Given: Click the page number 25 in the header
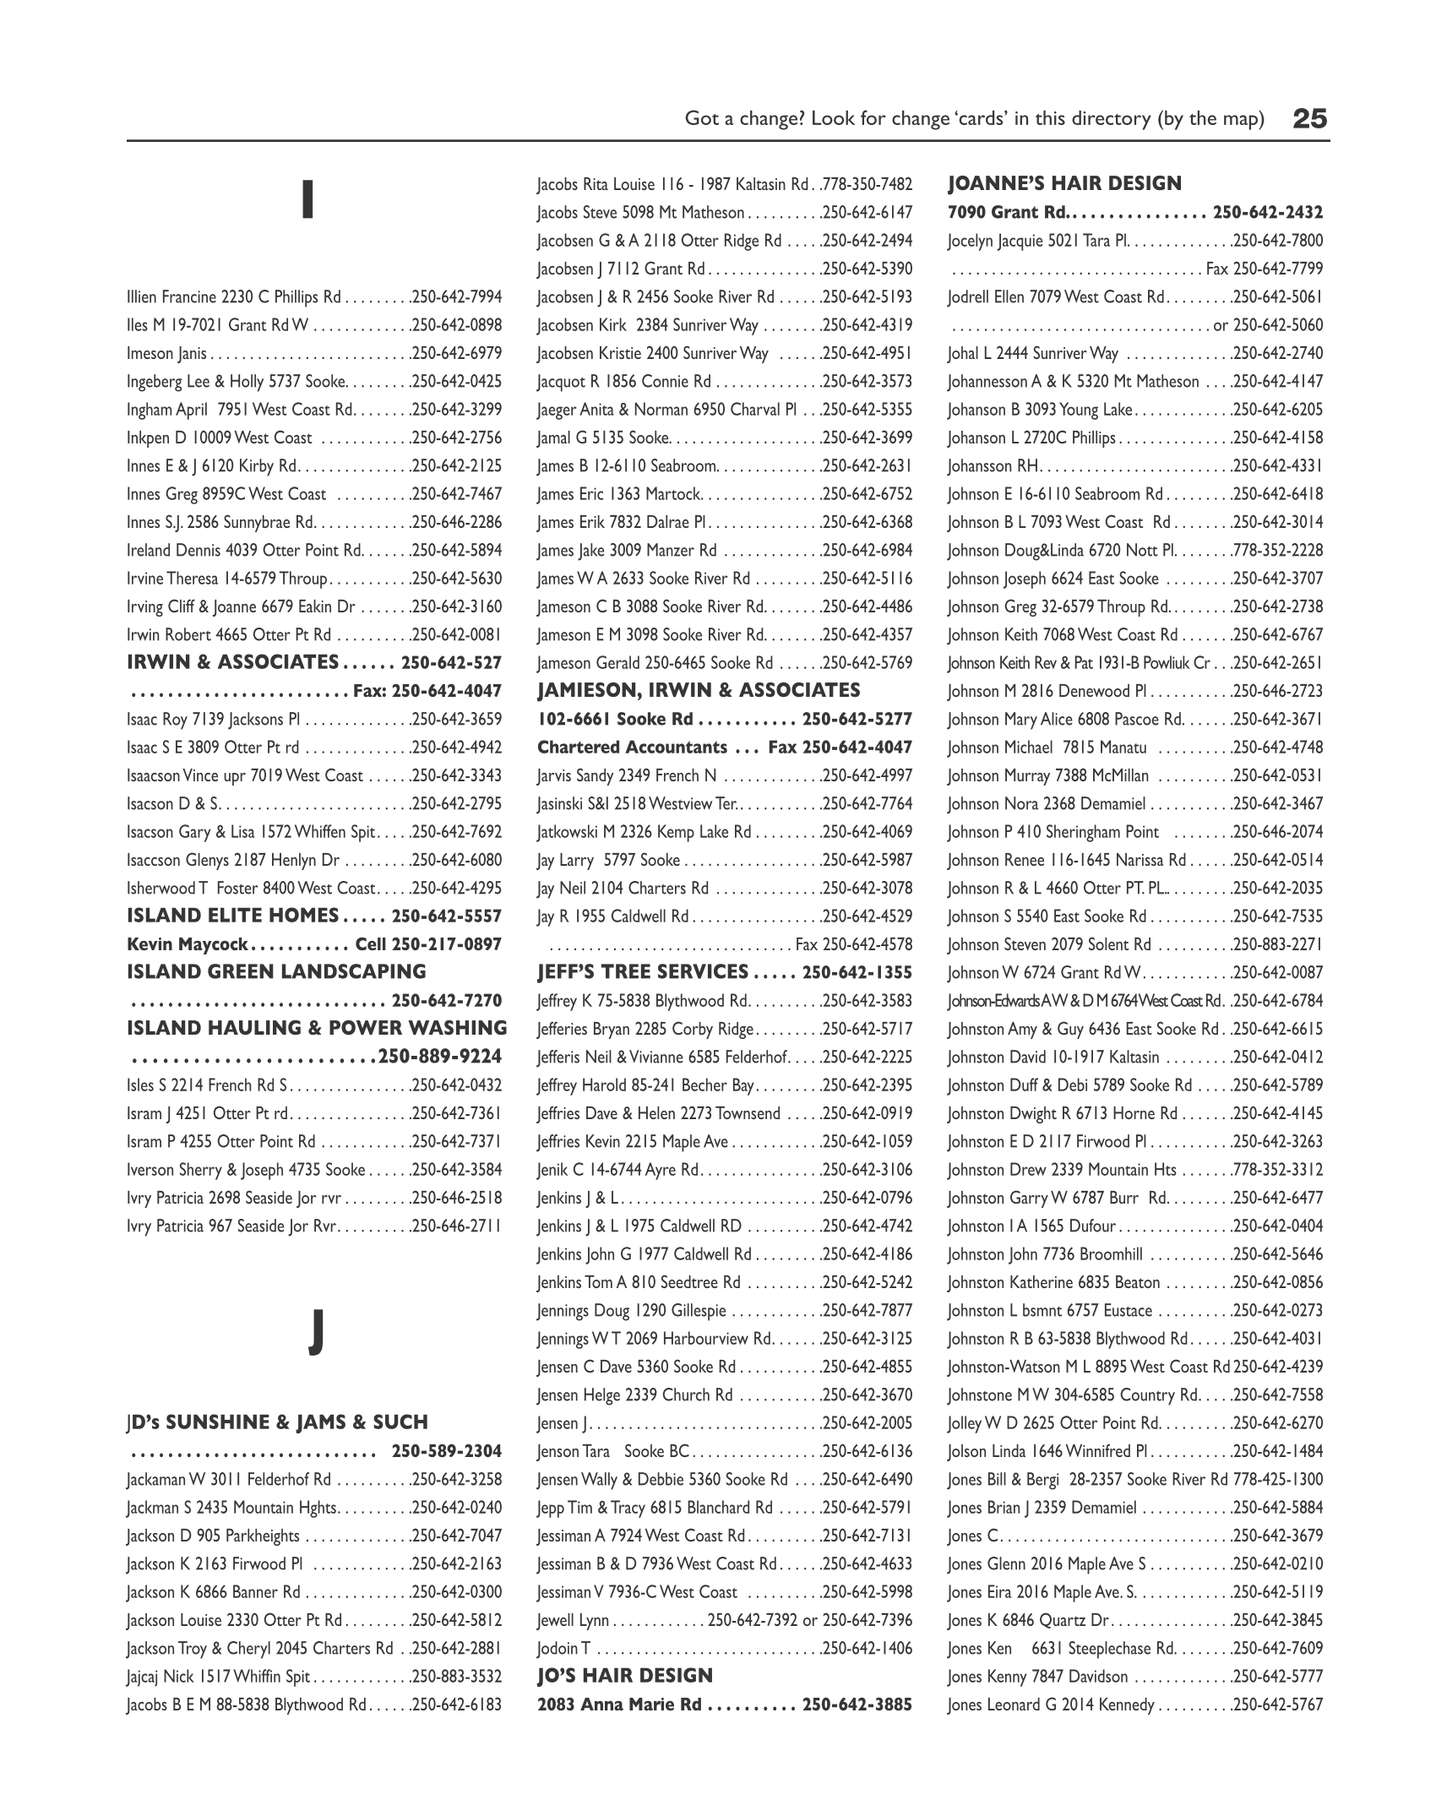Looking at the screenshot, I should (x=1310, y=119).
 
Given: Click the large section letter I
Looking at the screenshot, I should (x=309, y=200).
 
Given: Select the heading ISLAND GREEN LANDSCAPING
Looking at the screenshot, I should (x=276, y=972).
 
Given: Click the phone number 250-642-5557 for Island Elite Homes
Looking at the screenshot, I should (x=447, y=916).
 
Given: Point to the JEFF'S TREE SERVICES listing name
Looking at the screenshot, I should (x=643, y=972).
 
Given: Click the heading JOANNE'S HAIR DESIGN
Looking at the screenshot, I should (x=1064, y=183).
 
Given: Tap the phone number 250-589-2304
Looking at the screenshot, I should (x=447, y=1451).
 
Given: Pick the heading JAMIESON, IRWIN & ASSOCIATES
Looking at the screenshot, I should (x=699, y=691).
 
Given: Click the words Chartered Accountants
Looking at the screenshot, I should (x=632, y=748).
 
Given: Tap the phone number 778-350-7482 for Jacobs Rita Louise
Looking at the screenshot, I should (x=868, y=184).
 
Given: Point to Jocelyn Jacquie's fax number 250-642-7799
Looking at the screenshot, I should (x=1278, y=269).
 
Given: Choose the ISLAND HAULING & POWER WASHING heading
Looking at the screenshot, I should (x=317, y=1029).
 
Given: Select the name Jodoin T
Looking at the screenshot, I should (x=563, y=1648).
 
